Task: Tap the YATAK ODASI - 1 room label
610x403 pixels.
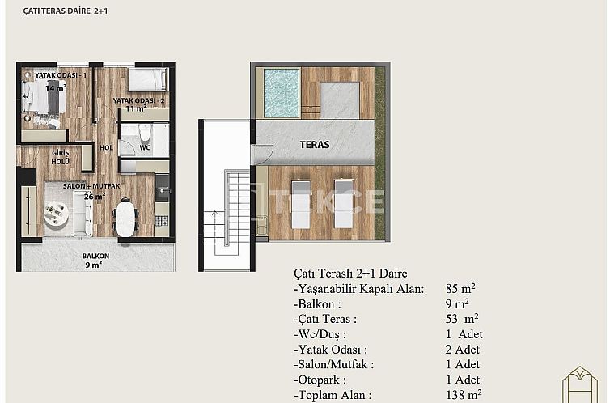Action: click(x=60, y=75)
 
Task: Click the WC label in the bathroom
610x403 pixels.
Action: click(x=145, y=148)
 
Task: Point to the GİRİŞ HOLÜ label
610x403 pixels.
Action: click(x=61, y=156)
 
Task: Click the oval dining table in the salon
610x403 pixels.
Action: click(x=125, y=218)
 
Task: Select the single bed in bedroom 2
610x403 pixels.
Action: click(x=146, y=80)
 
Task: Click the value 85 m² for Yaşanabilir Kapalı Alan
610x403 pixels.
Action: click(x=460, y=288)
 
